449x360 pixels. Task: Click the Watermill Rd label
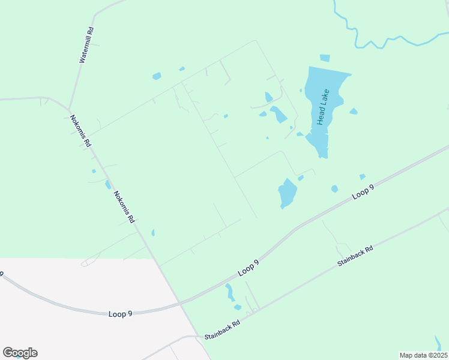[x=86, y=46]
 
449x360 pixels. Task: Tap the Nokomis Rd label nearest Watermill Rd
[x=80, y=131]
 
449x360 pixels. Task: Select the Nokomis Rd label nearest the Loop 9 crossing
[x=124, y=207]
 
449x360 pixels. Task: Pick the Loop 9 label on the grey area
[x=121, y=314]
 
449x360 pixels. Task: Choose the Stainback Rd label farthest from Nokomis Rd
[x=355, y=256]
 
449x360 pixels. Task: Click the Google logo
[x=20, y=353]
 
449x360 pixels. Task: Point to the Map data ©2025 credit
[x=423, y=355]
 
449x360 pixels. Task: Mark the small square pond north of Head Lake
[x=325, y=58]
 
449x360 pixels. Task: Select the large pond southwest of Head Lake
[x=288, y=193]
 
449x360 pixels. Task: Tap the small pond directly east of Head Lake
[x=354, y=111]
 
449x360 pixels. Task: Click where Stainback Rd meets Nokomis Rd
[x=200, y=337]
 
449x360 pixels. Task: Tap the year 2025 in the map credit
[x=437, y=355]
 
